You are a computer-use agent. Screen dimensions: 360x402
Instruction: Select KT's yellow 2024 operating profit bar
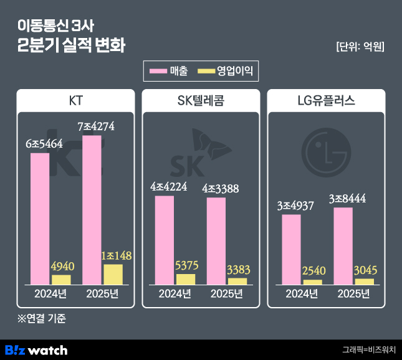[x=61, y=280]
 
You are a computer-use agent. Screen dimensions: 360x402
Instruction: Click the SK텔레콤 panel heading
[x=201, y=101]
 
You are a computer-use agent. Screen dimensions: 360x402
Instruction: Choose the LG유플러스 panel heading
[x=326, y=101]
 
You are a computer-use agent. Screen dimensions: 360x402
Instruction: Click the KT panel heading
[x=76, y=101]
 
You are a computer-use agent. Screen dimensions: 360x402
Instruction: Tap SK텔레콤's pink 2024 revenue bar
[x=165, y=240]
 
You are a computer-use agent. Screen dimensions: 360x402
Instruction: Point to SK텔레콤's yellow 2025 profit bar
[x=237, y=281]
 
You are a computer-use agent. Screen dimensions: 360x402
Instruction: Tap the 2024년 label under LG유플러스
[x=300, y=294]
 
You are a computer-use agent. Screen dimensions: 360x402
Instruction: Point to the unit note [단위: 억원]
[x=359, y=46]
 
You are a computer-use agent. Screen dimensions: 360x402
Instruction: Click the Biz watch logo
[x=36, y=349]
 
